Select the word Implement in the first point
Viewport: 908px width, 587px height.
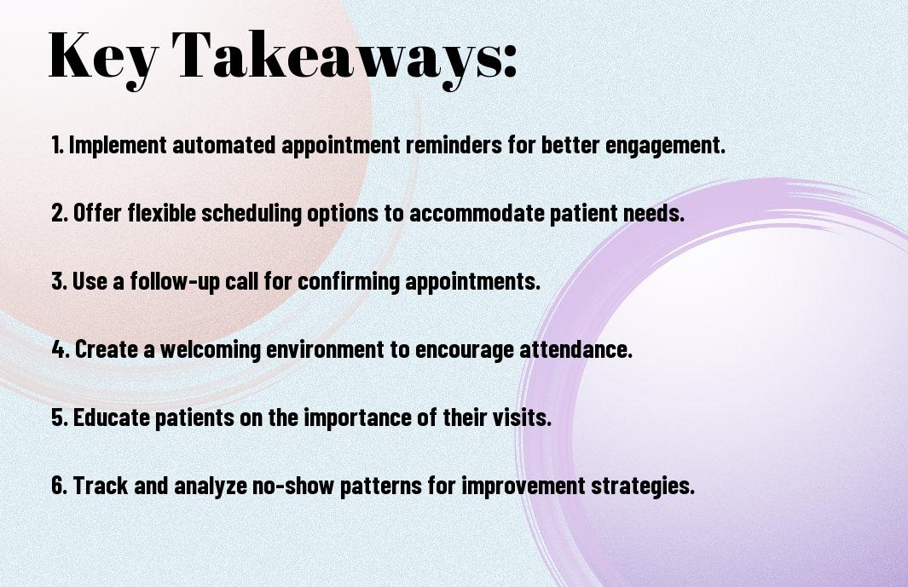pos(118,145)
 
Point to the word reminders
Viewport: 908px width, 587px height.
pos(454,145)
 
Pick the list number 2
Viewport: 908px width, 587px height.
pos(59,213)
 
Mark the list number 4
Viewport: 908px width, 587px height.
pos(61,349)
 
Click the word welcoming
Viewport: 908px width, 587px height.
pos(211,349)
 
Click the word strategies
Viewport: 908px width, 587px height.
pos(642,486)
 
